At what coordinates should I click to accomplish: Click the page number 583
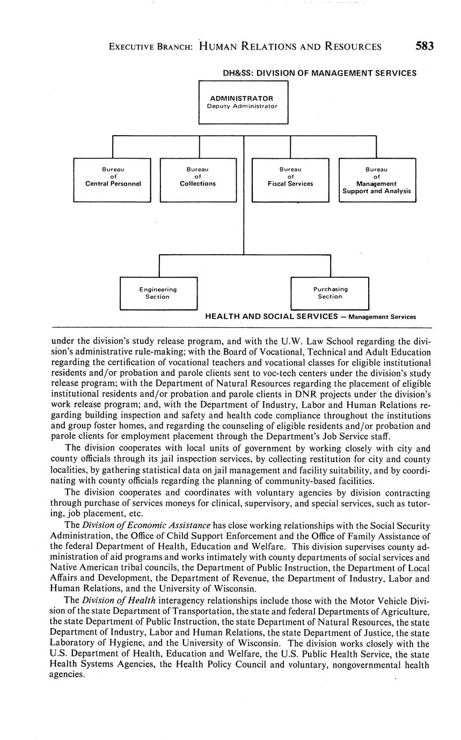[x=424, y=46]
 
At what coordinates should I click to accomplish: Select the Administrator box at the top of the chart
[x=243, y=102]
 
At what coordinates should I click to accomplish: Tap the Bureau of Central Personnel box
[x=112, y=180]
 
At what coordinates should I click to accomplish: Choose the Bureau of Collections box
[x=198, y=180]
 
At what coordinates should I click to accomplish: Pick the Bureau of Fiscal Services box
[x=290, y=180]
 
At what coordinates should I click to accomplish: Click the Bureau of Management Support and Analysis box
[x=377, y=180]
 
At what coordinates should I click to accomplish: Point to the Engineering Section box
[x=158, y=293]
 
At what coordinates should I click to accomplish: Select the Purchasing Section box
[x=330, y=293]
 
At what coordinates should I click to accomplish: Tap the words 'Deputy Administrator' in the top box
[x=243, y=106]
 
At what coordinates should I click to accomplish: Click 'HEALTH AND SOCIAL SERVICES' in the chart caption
[x=271, y=316]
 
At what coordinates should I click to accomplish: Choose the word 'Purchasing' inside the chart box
[x=330, y=289]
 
